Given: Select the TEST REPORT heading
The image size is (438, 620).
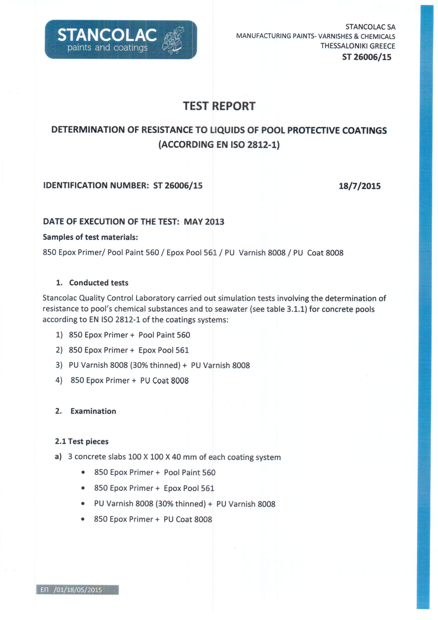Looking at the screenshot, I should click(x=219, y=106).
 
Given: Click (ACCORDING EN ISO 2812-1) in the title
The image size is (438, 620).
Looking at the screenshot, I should click(x=219, y=145).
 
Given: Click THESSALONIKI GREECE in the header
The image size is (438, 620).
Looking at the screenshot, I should click(x=358, y=46).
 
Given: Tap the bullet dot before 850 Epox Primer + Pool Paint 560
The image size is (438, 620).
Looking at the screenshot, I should click(x=83, y=473).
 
